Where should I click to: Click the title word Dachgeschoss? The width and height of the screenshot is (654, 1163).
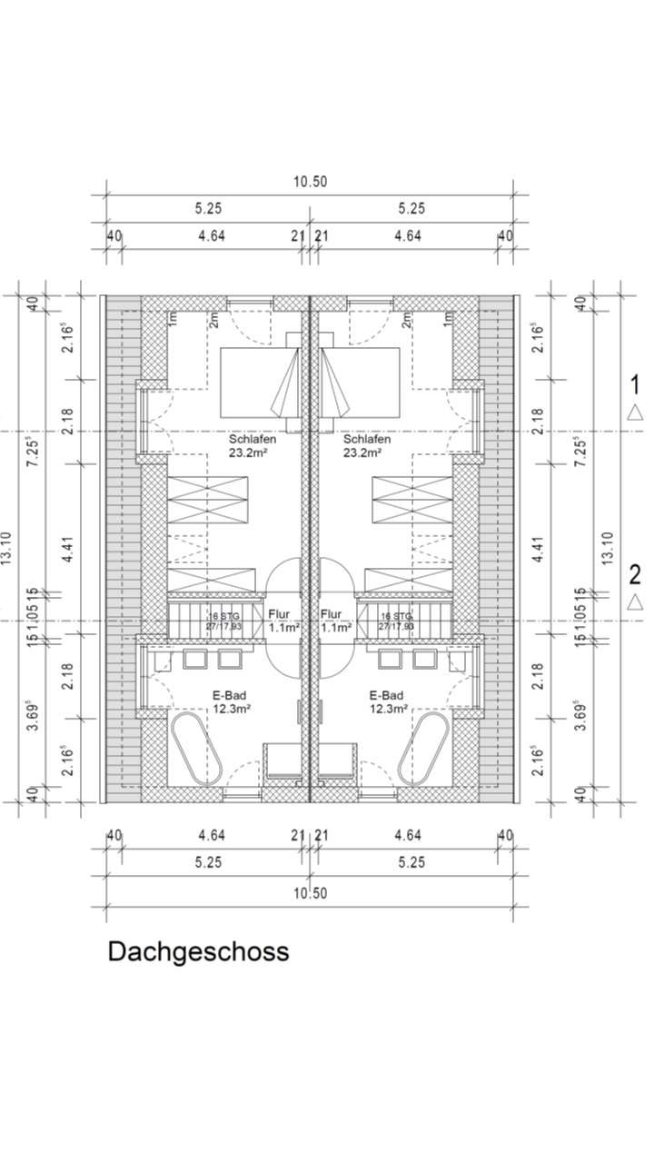point(198,951)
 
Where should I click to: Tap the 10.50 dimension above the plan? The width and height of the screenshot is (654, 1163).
point(309,182)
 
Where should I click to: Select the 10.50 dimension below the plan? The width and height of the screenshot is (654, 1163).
point(309,893)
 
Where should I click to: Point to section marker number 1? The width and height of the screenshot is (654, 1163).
point(635,383)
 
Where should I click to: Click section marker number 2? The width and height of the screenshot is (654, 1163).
point(635,573)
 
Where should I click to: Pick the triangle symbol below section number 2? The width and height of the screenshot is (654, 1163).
point(635,601)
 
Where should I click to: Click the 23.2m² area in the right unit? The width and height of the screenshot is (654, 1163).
point(362,452)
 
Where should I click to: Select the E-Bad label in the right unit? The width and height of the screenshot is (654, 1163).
point(386,695)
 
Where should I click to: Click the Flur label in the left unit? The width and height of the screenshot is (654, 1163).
point(279,613)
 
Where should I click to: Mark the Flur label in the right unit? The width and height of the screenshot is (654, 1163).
point(331,613)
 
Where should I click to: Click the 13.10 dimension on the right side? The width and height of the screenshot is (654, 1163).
point(608,549)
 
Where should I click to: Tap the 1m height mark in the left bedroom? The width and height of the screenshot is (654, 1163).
point(170,319)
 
